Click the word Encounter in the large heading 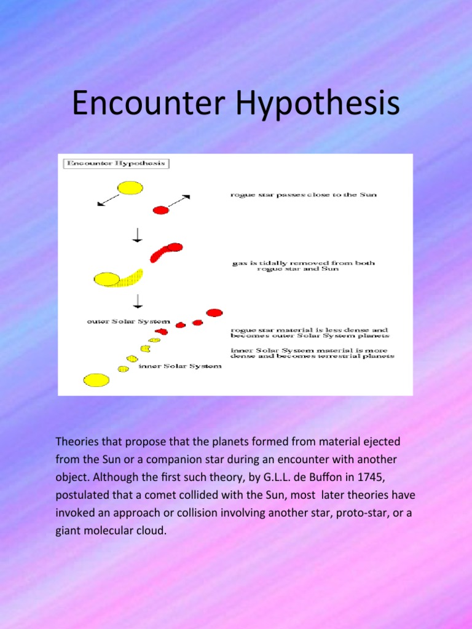pyautogui.click(x=147, y=104)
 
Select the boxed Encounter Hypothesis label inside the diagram pyautogui.click(x=117, y=164)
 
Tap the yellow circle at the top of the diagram pyautogui.click(x=130, y=187)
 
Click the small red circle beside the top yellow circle pyautogui.click(x=161, y=210)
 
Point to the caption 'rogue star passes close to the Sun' pyautogui.click(x=303, y=195)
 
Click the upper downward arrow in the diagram pyautogui.click(x=138, y=235)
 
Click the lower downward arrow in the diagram pyautogui.click(x=138, y=300)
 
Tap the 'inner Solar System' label pyautogui.click(x=179, y=367)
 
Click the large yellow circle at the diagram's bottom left pyautogui.click(x=96, y=380)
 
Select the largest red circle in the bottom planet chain pyautogui.click(x=214, y=313)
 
